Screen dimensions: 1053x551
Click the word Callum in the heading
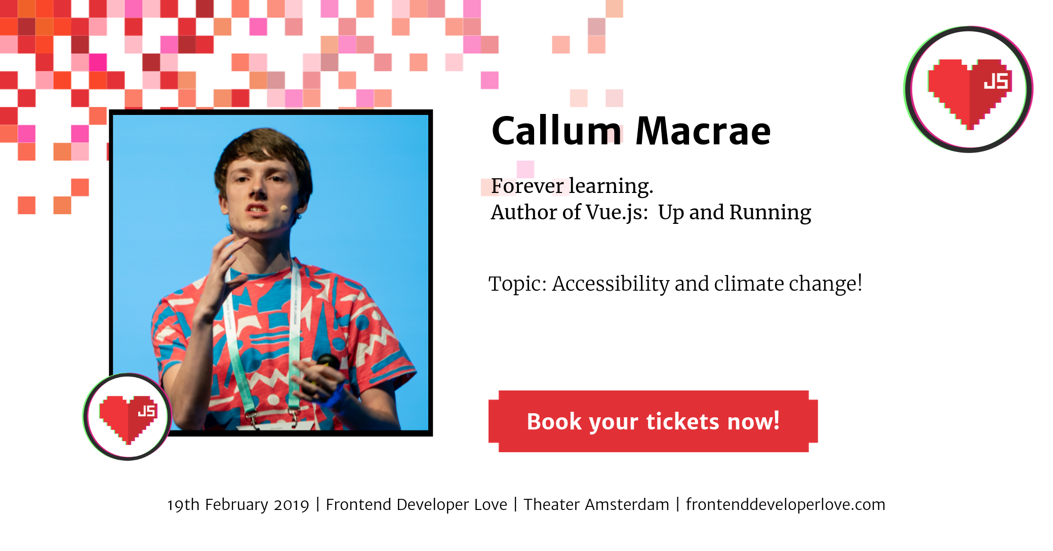556,131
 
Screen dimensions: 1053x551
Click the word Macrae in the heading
703,131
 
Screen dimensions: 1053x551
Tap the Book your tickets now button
653,421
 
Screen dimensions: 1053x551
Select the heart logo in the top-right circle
969,93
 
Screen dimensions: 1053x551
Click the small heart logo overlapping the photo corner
128,418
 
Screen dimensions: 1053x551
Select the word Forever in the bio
527,186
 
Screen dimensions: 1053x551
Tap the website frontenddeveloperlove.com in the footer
785,504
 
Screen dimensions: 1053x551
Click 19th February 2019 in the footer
238,505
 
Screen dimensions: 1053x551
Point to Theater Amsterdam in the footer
596,504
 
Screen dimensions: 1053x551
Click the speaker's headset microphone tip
284,208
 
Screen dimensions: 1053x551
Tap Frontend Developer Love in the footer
416,504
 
